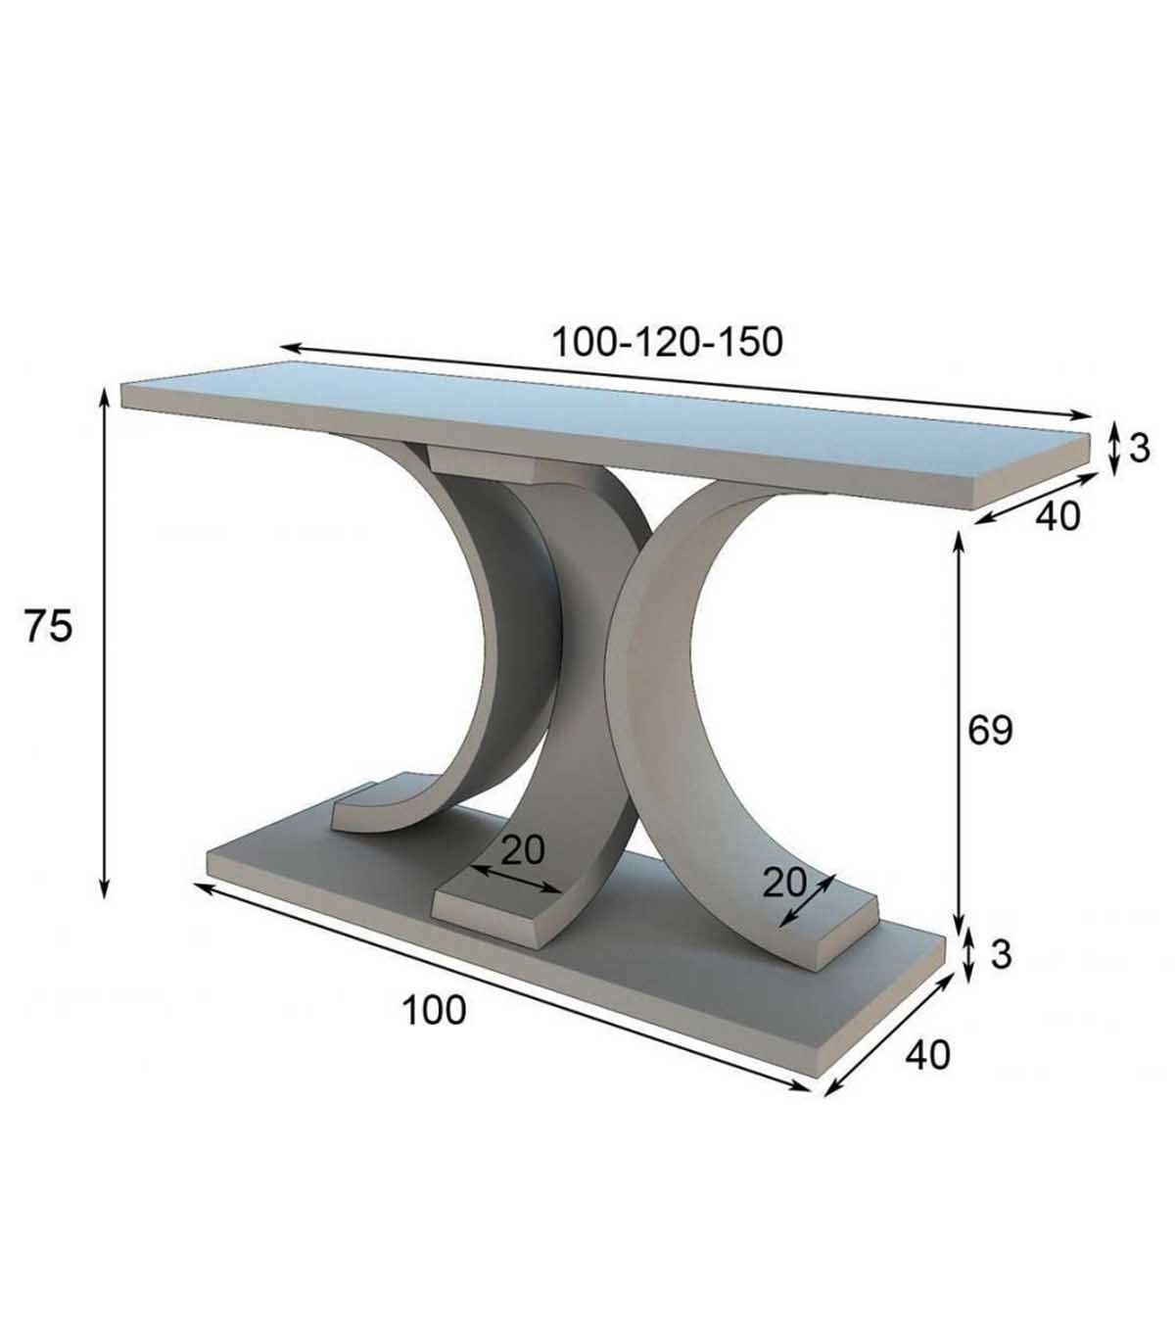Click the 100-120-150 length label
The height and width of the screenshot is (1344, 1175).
(668, 342)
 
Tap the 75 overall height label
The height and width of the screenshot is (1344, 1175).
(48, 626)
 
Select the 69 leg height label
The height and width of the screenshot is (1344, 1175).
(991, 730)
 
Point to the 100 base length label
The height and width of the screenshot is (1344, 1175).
(434, 1010)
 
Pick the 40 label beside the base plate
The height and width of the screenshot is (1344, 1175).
(928, 1055)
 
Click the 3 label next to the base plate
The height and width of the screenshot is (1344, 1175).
(1001, 954)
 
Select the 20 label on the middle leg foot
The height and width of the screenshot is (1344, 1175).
(523, 850)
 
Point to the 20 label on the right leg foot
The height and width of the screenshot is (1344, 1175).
(783, 883)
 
